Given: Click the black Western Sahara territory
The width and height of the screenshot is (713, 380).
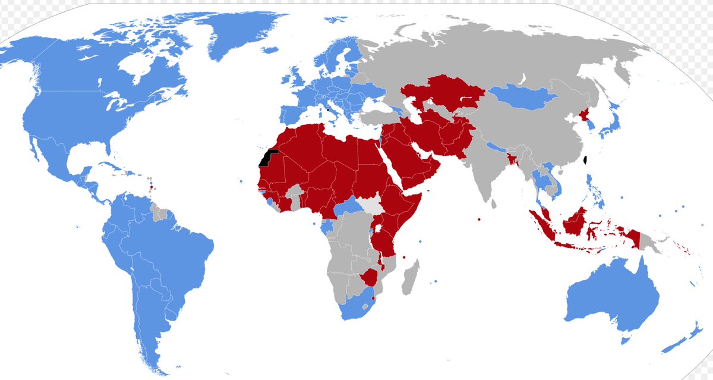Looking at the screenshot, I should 266,158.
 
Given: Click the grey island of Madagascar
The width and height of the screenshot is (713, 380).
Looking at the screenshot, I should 409,277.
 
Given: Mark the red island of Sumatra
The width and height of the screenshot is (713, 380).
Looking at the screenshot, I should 543,226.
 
